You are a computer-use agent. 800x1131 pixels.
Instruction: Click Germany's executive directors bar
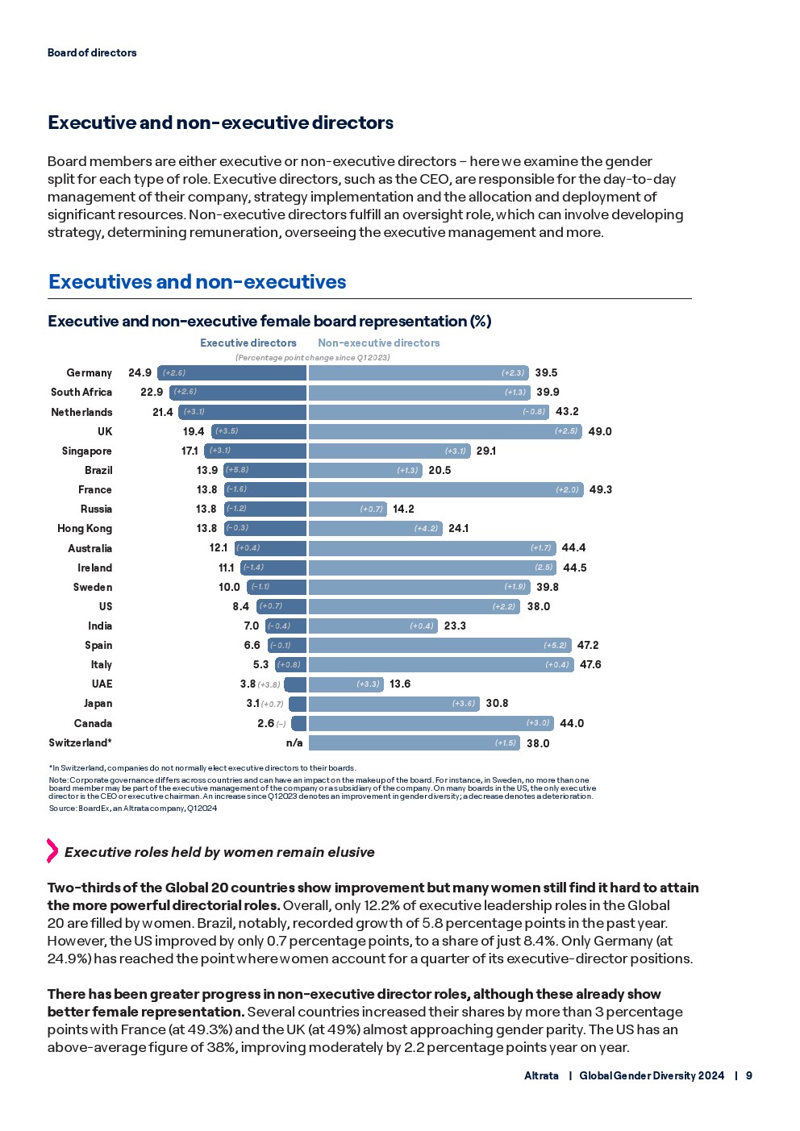(x=232, y=372)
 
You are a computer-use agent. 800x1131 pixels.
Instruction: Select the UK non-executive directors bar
(x=444, y=431)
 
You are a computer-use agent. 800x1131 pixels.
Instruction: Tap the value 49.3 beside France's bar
(x=600, y=489)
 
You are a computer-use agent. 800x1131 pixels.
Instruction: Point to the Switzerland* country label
(x=80, y=742)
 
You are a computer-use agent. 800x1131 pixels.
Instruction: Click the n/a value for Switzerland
(x=294, y=742)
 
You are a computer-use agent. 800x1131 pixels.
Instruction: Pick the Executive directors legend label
(x=248, y=343)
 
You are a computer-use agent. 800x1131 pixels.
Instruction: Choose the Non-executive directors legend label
(x=379, y=343)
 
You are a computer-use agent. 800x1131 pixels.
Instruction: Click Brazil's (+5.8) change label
(x=236, y=470)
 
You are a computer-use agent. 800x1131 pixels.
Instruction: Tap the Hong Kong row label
(x=85, y=528)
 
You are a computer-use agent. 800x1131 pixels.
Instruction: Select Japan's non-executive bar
(x=394, y=704)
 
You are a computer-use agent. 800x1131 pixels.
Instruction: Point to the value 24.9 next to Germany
(x=140, y=372)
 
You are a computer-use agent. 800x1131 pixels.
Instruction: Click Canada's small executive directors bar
(x=299, y=723)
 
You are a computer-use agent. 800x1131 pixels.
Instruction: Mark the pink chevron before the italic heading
(x=52, y=850)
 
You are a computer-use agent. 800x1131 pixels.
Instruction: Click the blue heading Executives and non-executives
(x=197, y=281)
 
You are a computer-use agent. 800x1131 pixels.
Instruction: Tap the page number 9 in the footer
(x=749, y=1075)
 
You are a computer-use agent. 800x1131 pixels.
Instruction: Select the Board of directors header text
(x=92, y=52)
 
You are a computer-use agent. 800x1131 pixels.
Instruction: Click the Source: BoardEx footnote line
(x=132, y=808)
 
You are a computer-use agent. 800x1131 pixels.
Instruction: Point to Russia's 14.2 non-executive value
(x=403, y=509)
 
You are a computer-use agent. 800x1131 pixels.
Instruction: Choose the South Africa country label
(x=81, y=392)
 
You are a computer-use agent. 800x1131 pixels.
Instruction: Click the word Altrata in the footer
(x=541, y=1075)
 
